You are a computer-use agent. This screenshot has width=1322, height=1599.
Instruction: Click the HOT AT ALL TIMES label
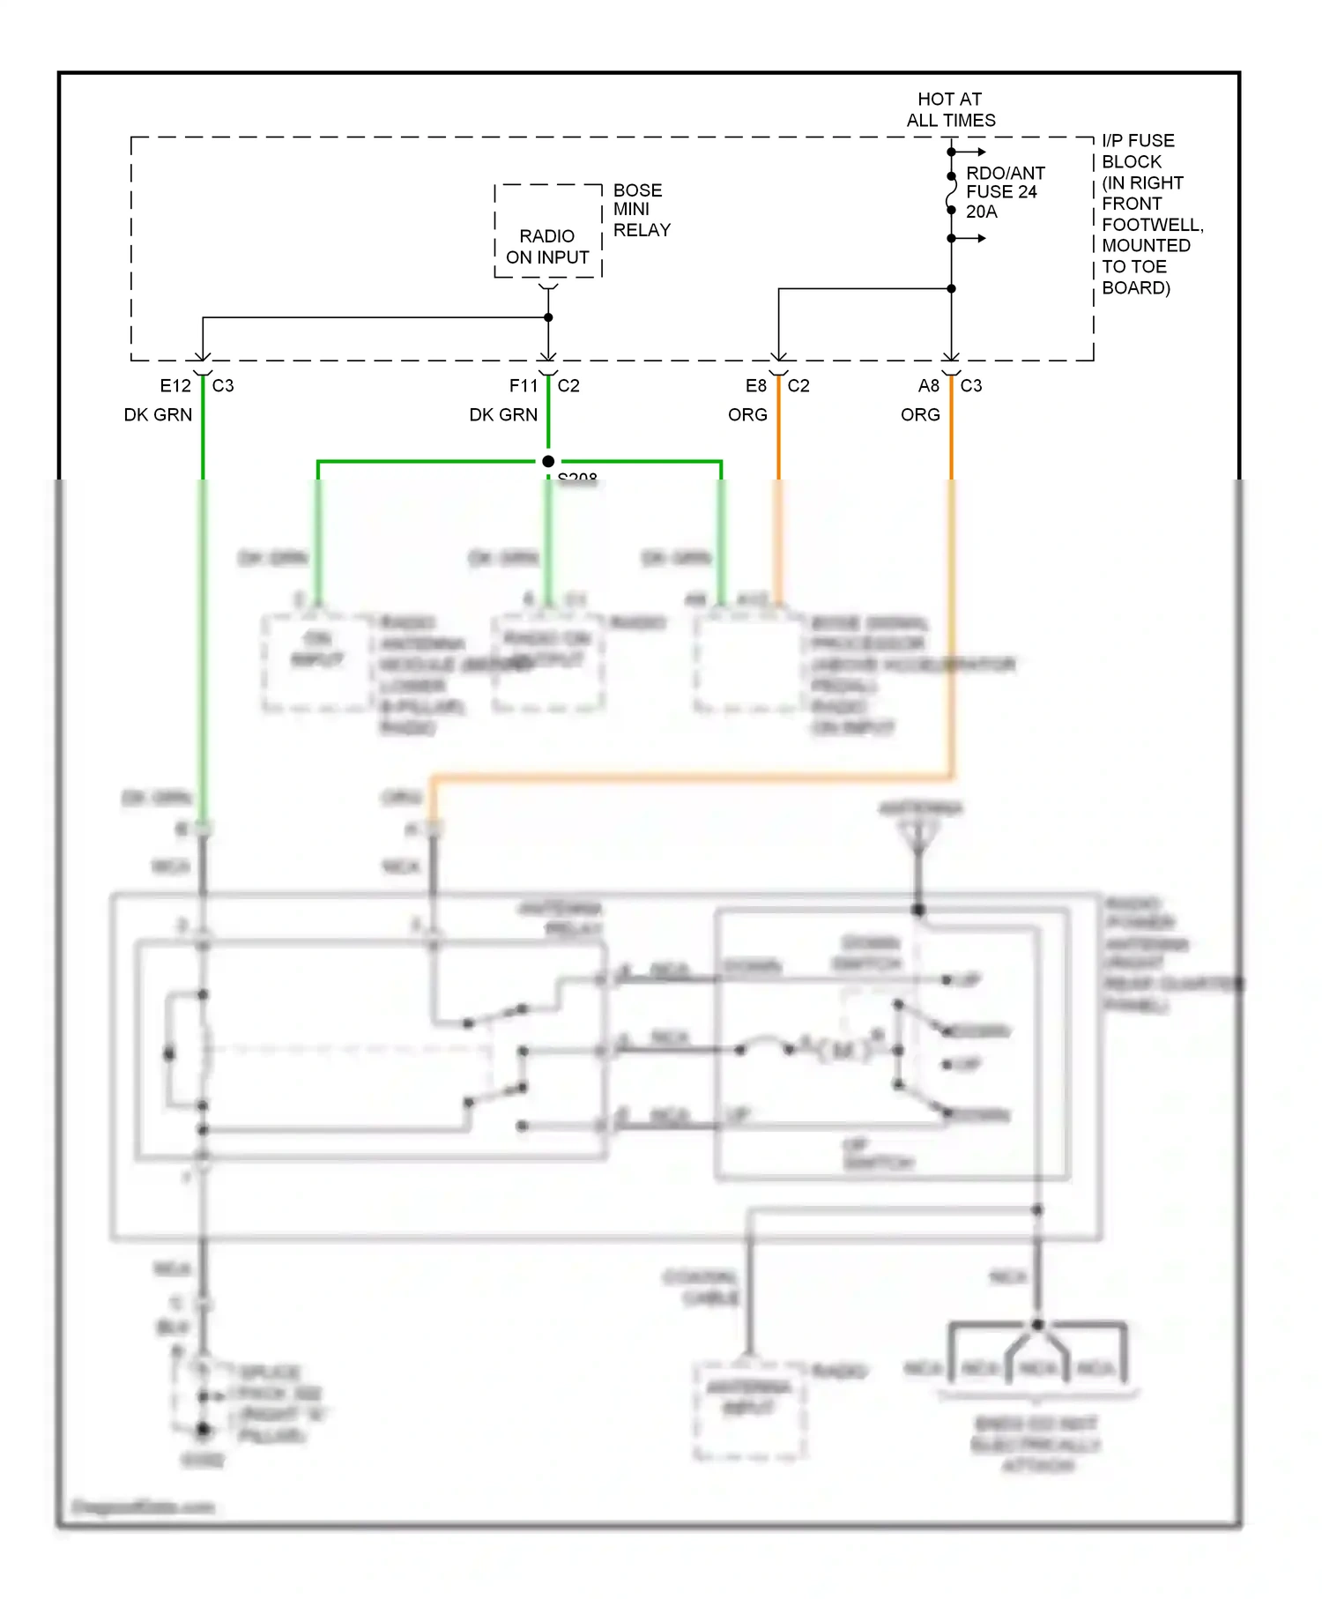click(950, 109)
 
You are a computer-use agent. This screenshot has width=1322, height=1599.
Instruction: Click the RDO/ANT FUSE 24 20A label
click(1005, 192)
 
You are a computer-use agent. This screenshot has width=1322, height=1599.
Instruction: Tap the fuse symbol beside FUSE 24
click(951, 193)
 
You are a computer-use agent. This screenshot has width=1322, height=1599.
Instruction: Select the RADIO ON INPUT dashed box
click(547, 232)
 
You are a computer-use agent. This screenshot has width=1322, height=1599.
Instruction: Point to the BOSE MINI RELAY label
click(641, 210)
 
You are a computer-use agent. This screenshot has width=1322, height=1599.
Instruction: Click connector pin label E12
click(175, 386)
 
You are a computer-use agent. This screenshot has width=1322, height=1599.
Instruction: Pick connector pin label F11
click(523, 386)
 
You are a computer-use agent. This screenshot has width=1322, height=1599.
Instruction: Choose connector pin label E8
click(755, 386)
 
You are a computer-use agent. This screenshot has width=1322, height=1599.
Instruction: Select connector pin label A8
click(928, 386)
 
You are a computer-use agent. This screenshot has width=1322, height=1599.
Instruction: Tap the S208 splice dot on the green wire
click(548, 461)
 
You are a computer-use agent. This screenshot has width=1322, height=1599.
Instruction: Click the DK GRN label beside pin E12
click(158, 415)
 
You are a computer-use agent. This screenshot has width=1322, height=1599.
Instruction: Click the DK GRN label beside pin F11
click(503, 415)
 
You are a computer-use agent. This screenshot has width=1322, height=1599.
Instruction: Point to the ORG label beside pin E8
click(747, 415)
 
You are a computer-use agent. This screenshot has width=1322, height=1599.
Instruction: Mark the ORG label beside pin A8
click(920, 415)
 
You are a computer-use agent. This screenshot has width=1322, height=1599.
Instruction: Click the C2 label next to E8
click(798, 386)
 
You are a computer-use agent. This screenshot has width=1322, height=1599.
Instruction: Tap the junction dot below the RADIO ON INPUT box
click(548, 317)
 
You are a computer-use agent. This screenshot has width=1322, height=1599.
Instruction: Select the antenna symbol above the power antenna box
click(918, 834)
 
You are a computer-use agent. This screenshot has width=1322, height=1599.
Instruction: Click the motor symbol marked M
click(843, 1051)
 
